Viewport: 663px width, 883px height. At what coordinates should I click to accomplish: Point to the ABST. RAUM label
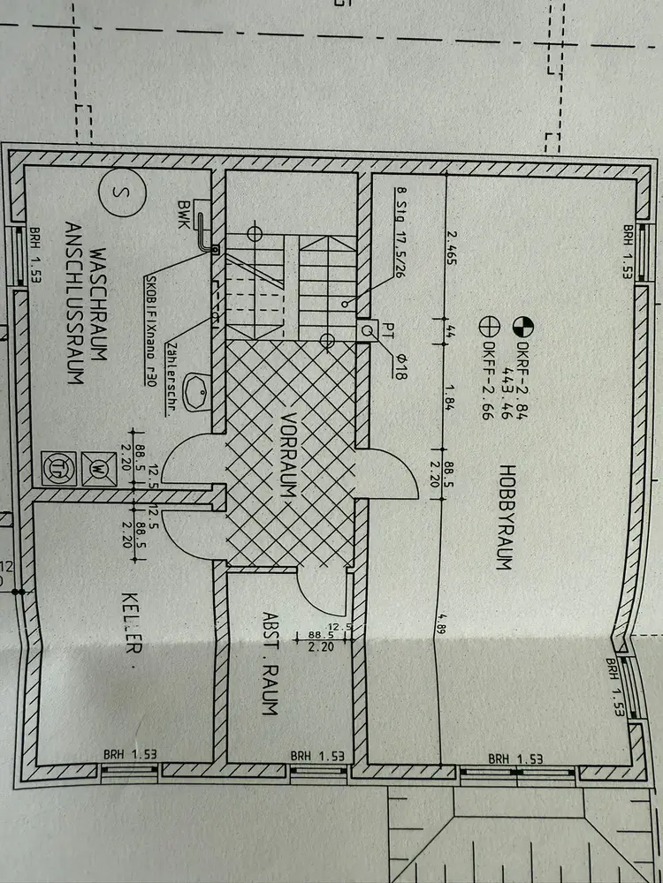(x=271, y=663)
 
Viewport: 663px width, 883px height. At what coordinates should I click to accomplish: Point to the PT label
(x=386, y=330)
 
